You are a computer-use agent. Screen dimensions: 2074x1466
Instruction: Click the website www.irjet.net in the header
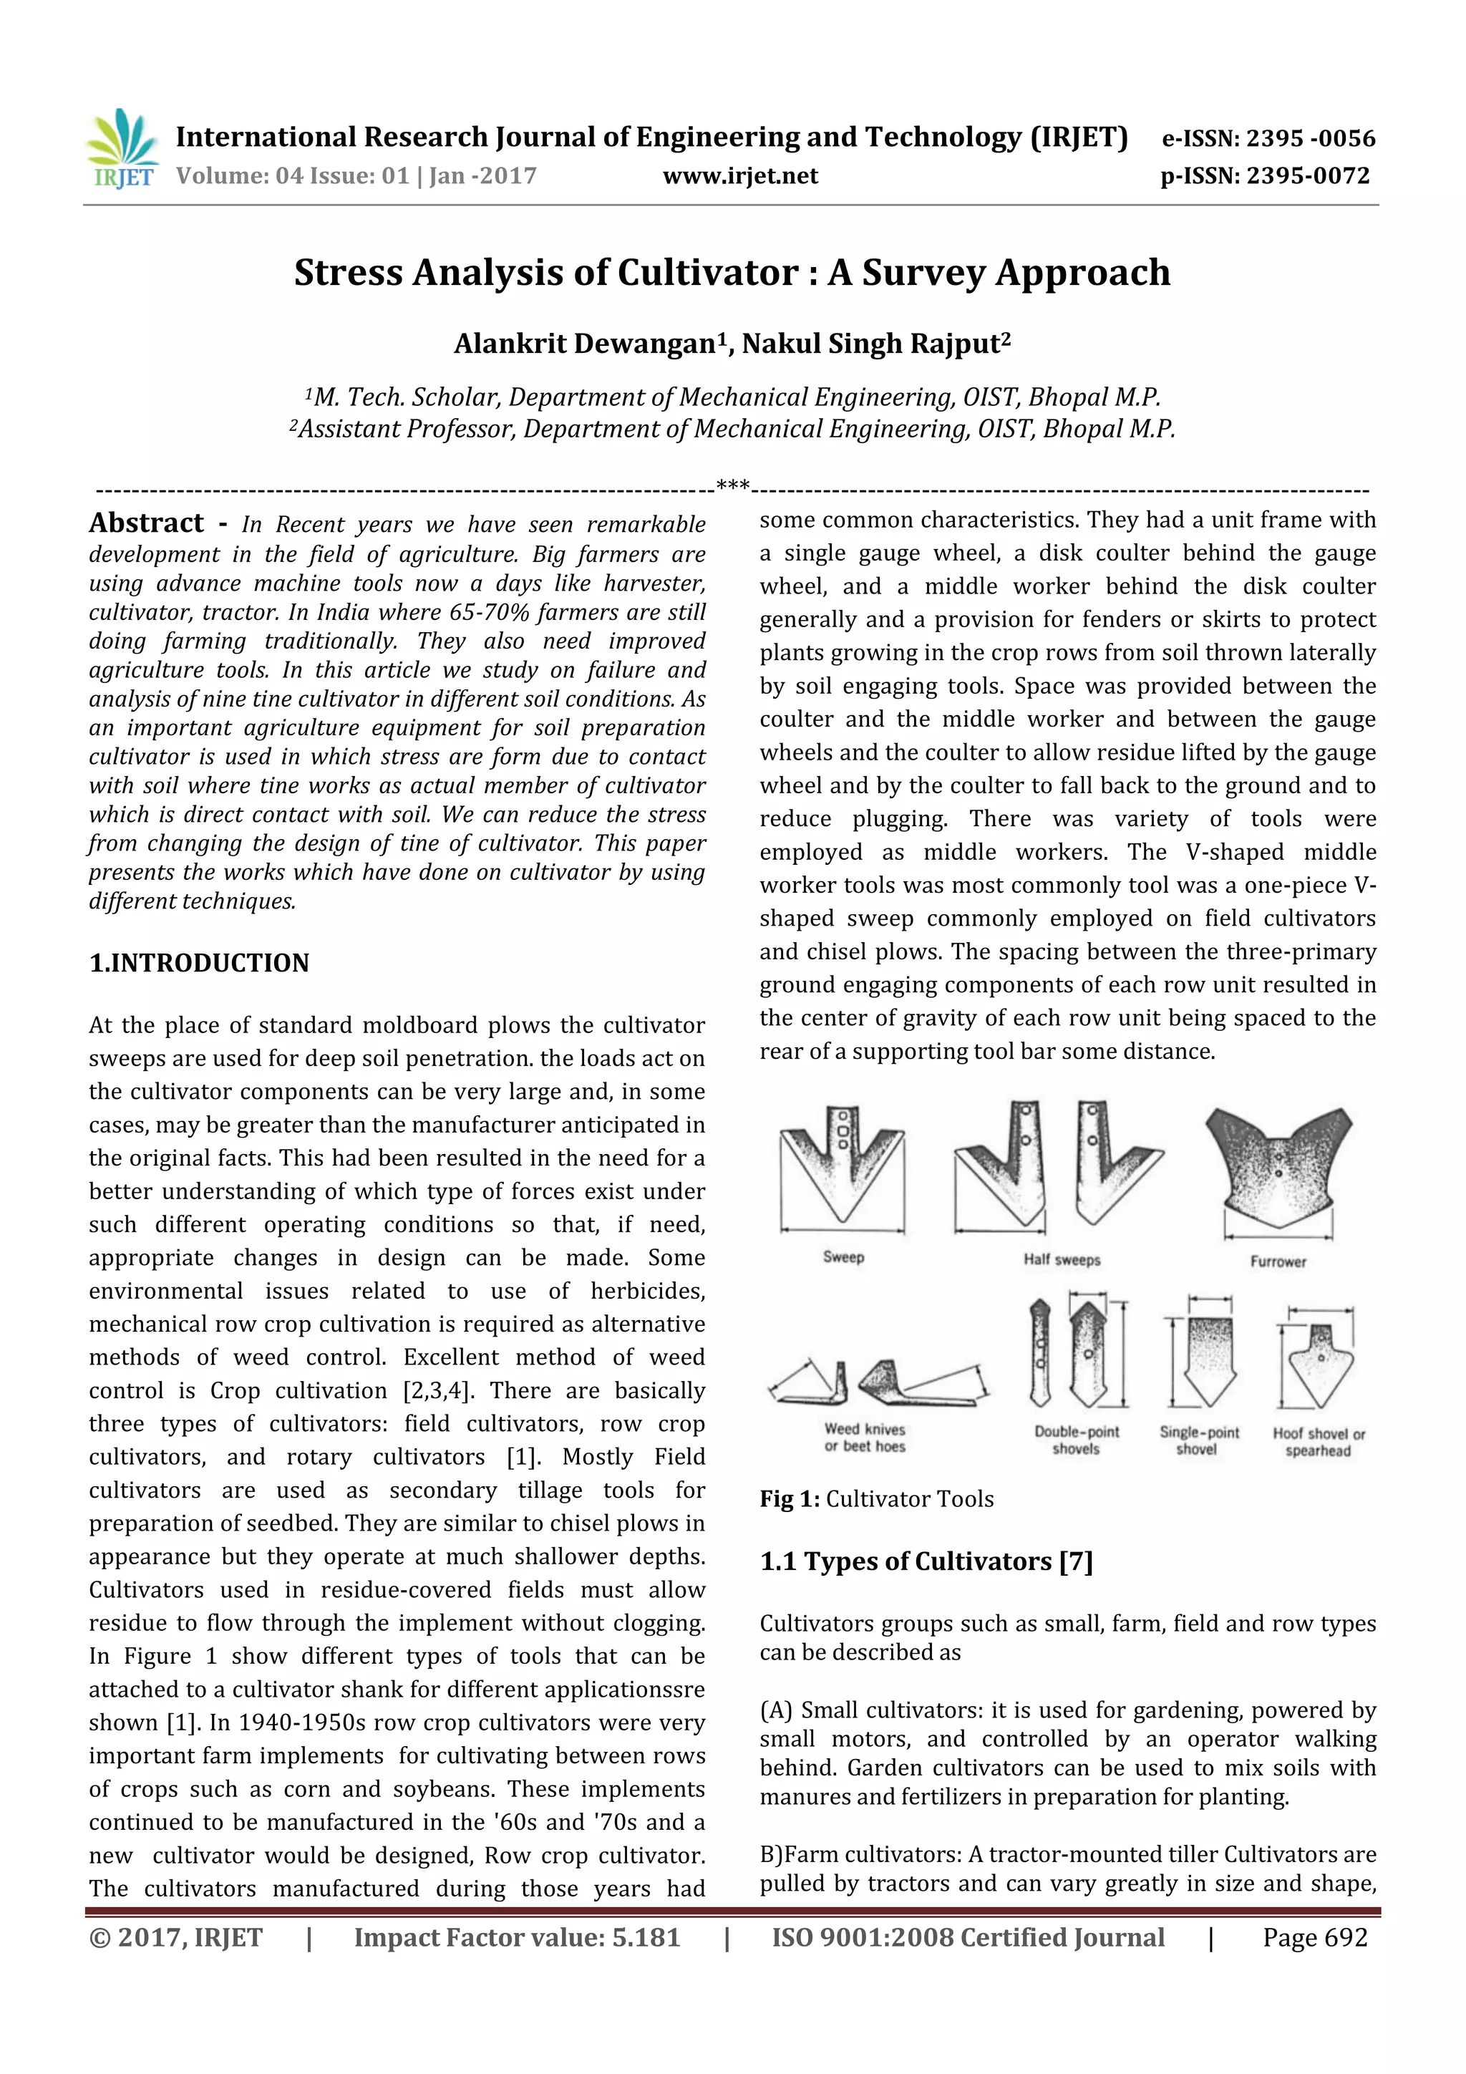(739, 176)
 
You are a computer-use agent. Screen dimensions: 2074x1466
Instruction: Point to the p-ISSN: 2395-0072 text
(1265, 176)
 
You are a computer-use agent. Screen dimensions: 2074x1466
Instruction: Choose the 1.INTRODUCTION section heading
(199, 963)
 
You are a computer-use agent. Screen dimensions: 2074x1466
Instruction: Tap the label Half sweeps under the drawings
(1062, 1259)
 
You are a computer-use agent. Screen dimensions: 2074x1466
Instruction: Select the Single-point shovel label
(1198, 1440)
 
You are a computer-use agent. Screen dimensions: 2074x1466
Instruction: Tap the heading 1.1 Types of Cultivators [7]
(926, 1562)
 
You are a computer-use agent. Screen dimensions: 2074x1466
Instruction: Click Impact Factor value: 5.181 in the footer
(517, 1937)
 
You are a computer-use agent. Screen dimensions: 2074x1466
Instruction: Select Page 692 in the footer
(1314, 1937)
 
